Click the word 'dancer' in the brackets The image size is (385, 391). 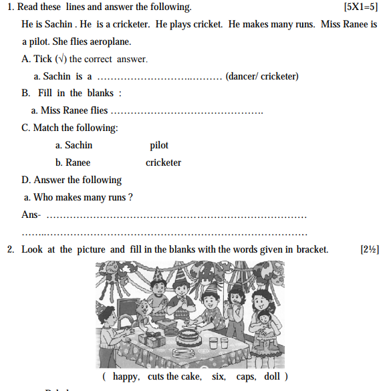[x=243, y=76]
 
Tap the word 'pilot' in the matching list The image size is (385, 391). [x=159, y=145]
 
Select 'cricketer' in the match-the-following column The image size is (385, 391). [x=163, y=162]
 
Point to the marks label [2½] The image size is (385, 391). [x=370, y=250]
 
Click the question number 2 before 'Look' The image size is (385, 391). [x=10, y=250]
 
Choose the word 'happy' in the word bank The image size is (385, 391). [x=126, y=377]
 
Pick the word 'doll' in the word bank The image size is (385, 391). [x=273, y=377]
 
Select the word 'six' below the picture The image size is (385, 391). [x=219, y=377]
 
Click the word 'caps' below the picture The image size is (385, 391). [x=245, y=377]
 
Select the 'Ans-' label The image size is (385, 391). [x=31, y=215]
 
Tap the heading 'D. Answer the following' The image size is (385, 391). [x=72, y=180]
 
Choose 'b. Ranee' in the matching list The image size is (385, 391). [x=73, y=162]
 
